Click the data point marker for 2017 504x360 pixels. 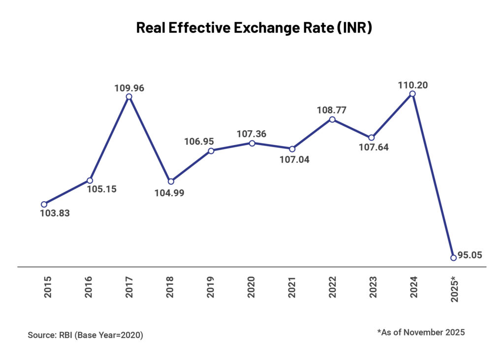tap(129, 97)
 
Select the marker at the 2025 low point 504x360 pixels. tap(453, 257)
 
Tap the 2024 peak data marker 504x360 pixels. tap(412, 93)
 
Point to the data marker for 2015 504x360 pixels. tap(44, 204)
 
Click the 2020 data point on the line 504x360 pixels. tap(252, 143)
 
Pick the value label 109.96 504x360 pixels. tap(129, 89)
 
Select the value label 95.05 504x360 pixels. tap(470, 255)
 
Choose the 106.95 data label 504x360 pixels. tap(211, 142)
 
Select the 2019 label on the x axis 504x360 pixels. tap(211, 287)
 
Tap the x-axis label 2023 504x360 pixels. tap(372, 287)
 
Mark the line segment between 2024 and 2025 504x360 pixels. tap(433, 176)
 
